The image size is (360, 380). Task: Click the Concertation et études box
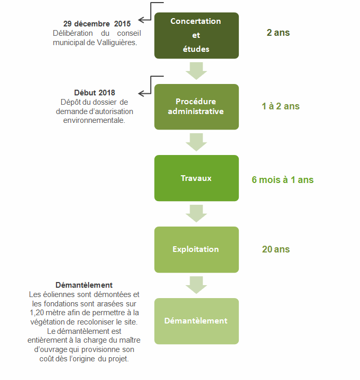click(x=196, y=35)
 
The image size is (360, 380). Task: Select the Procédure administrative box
click(x=196, y=107)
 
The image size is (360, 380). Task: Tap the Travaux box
click(x=196, y=178)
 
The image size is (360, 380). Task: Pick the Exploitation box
click(x=196, y=249)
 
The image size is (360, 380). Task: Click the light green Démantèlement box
click(x=196, y=321)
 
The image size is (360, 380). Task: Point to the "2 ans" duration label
click(x=278, y=33)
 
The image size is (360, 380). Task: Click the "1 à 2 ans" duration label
click(x=281, y=106)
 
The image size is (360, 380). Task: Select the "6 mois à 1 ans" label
click(x=282, y=180)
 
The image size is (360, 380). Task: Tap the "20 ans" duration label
click(x=276, y=249)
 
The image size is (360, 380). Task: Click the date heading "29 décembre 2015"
click(x=97, y=24)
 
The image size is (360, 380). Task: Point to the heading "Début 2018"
click(x=94, y=93)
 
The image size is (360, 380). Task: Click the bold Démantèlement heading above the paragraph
click(x=84, y=285)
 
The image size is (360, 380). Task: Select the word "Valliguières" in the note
click(x=117, y=43)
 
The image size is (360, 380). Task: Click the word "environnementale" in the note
click(x=94, y=120)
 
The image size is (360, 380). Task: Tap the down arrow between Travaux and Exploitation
click(x=196, y=214)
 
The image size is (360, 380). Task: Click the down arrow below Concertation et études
click(x=196, y=71)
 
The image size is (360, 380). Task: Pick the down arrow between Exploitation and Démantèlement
click(x=196, y=285)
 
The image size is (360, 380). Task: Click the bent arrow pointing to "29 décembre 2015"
click(x=151, y=11)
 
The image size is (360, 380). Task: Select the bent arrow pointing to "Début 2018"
click(x=151, y=86)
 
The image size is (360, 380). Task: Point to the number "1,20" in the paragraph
click(x=37, y=313)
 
